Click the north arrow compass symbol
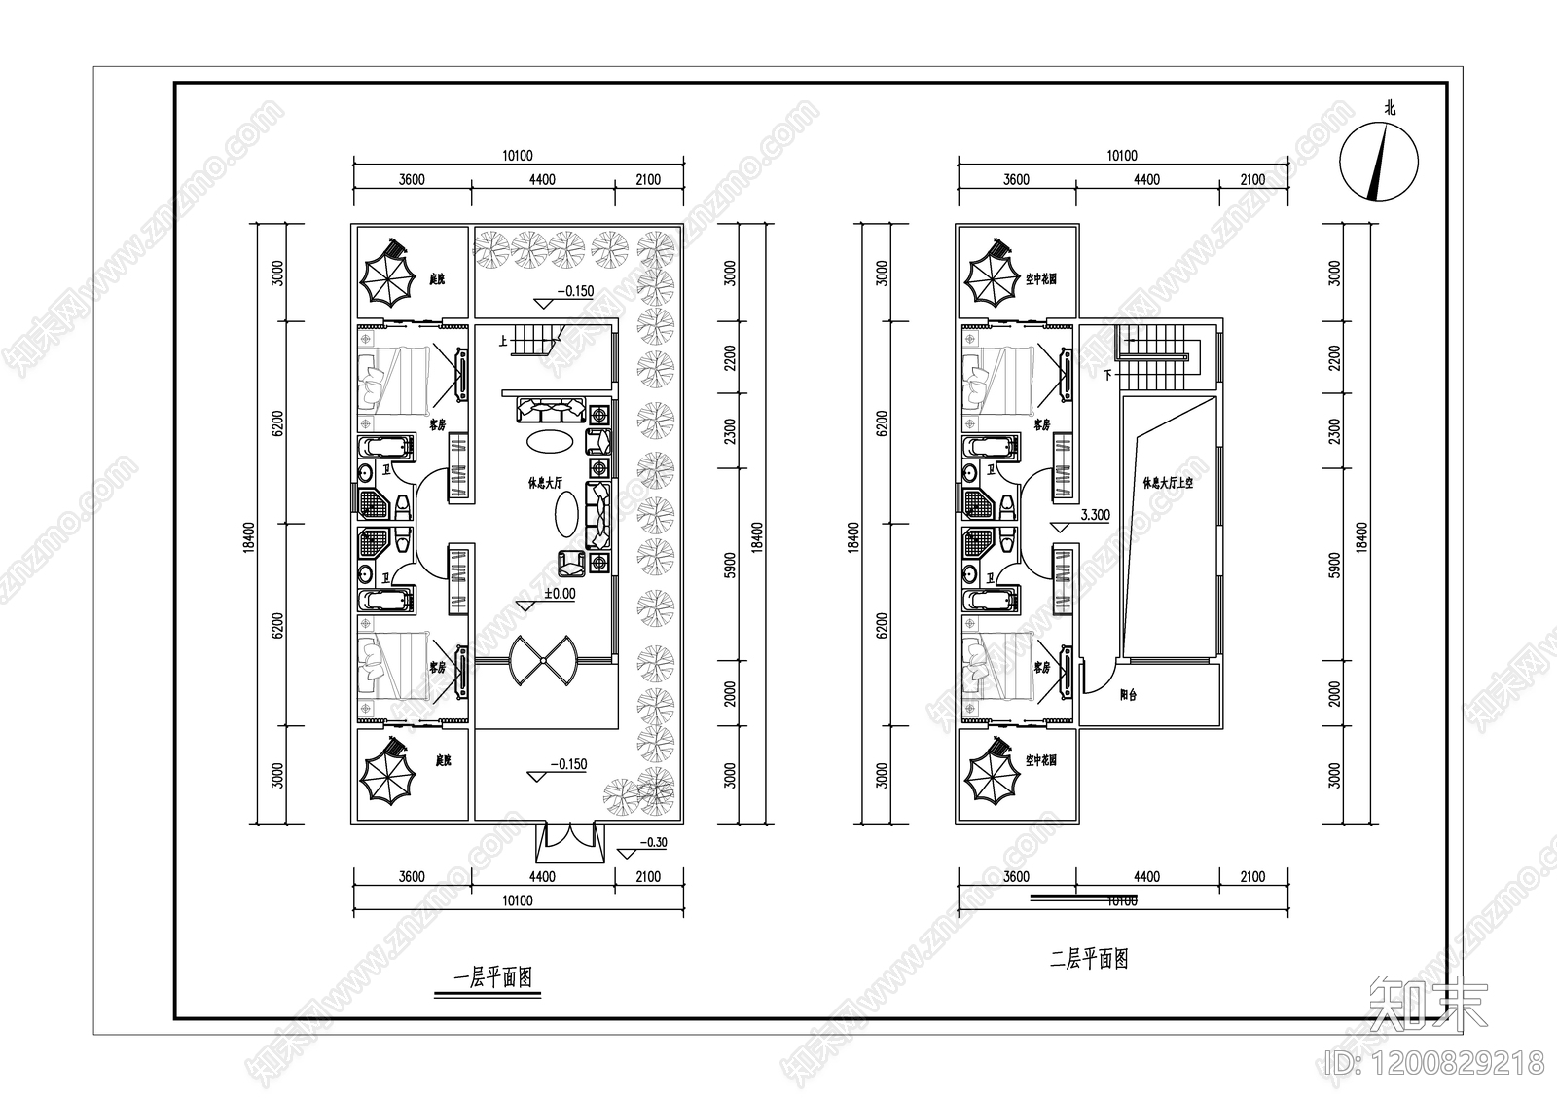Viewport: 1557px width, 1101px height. (1379, 161)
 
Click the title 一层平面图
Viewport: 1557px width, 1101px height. (493, 978)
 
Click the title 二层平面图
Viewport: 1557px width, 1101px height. (1090, 960)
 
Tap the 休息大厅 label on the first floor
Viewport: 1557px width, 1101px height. (545, 483)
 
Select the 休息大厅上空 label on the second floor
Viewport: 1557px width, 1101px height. (1168, 483)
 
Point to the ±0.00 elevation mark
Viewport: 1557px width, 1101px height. (560, 593)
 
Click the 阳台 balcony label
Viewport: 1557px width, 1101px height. (1128, 695)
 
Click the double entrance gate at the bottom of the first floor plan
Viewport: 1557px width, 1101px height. (567, 841)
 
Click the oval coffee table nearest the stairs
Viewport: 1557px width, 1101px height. (550, 441)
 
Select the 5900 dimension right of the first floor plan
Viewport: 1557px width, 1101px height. (731, 565)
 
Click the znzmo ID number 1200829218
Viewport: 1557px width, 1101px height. (1460, 1061)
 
